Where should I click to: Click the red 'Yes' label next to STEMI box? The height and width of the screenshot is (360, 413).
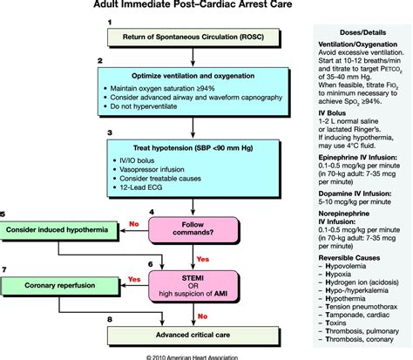point(134,279)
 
